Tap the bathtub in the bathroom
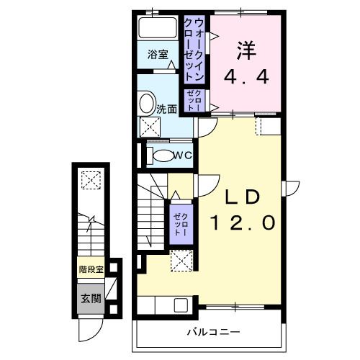[158, 30]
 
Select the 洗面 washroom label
[168, 109]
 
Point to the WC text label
[183, 155]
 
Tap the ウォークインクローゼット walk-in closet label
[194, 48]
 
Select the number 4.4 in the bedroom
[246, 75]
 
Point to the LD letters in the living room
[242, 196]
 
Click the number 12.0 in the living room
[242, 222]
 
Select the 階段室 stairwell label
[91, 271]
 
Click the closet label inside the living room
[181, 222]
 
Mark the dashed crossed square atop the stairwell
[91, 180]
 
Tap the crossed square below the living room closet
[180, 260]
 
